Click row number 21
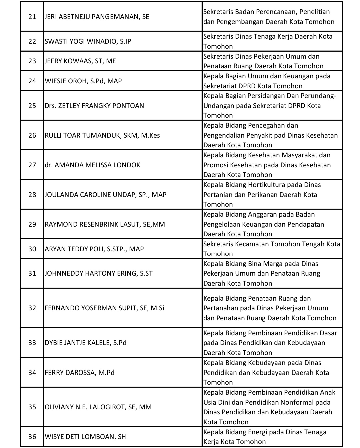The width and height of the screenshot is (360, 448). tap(32, 17)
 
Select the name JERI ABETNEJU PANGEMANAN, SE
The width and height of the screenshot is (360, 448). tap(97, 17)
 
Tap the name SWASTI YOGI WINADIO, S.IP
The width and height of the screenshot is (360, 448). tap(88, 41)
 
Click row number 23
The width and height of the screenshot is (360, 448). tap(32, 61)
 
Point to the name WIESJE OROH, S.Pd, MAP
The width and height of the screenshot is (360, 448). tap(83, 81)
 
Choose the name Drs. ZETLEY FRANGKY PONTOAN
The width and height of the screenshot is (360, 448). tap(94, 106)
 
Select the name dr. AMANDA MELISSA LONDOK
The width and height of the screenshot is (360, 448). tap(92, 165)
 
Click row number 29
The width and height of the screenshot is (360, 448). tap(32, 224)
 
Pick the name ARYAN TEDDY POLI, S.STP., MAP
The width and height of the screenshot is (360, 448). tap(94, 249)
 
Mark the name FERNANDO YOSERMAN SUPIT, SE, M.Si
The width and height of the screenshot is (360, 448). tap(105, 308)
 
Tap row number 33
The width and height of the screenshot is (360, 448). tap(32, 343)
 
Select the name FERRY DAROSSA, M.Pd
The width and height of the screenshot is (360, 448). tap(80, 373)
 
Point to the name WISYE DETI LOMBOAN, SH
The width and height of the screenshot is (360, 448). tap(85, 437)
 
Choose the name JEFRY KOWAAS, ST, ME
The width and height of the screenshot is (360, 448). tap(80, 61)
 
